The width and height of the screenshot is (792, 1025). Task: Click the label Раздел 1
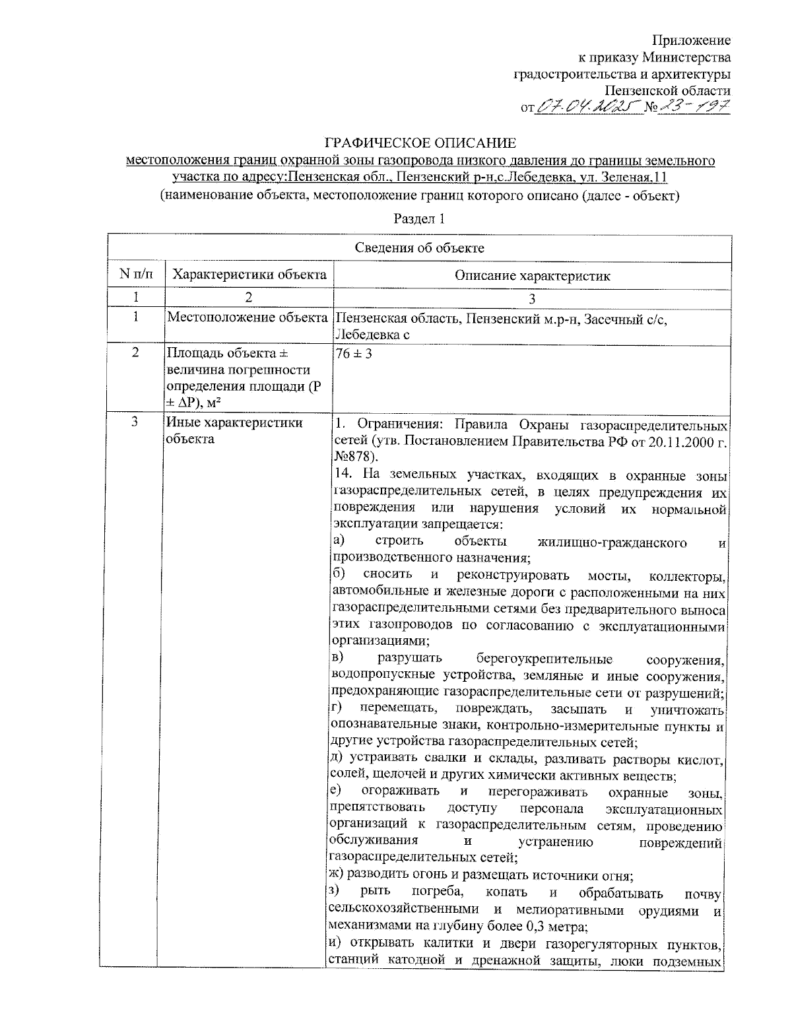(x=419, y=218)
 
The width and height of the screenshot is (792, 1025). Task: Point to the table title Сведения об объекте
(x=420, y=248)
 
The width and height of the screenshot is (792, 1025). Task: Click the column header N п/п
(x=135, y=275)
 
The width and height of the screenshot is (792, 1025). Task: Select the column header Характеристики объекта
(x=249, y=275)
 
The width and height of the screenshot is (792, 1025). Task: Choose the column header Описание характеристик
(x=532, y=276)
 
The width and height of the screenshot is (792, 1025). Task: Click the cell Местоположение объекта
(x=248, y=317)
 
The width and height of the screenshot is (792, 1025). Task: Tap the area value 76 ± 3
(x=354, y=354)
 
